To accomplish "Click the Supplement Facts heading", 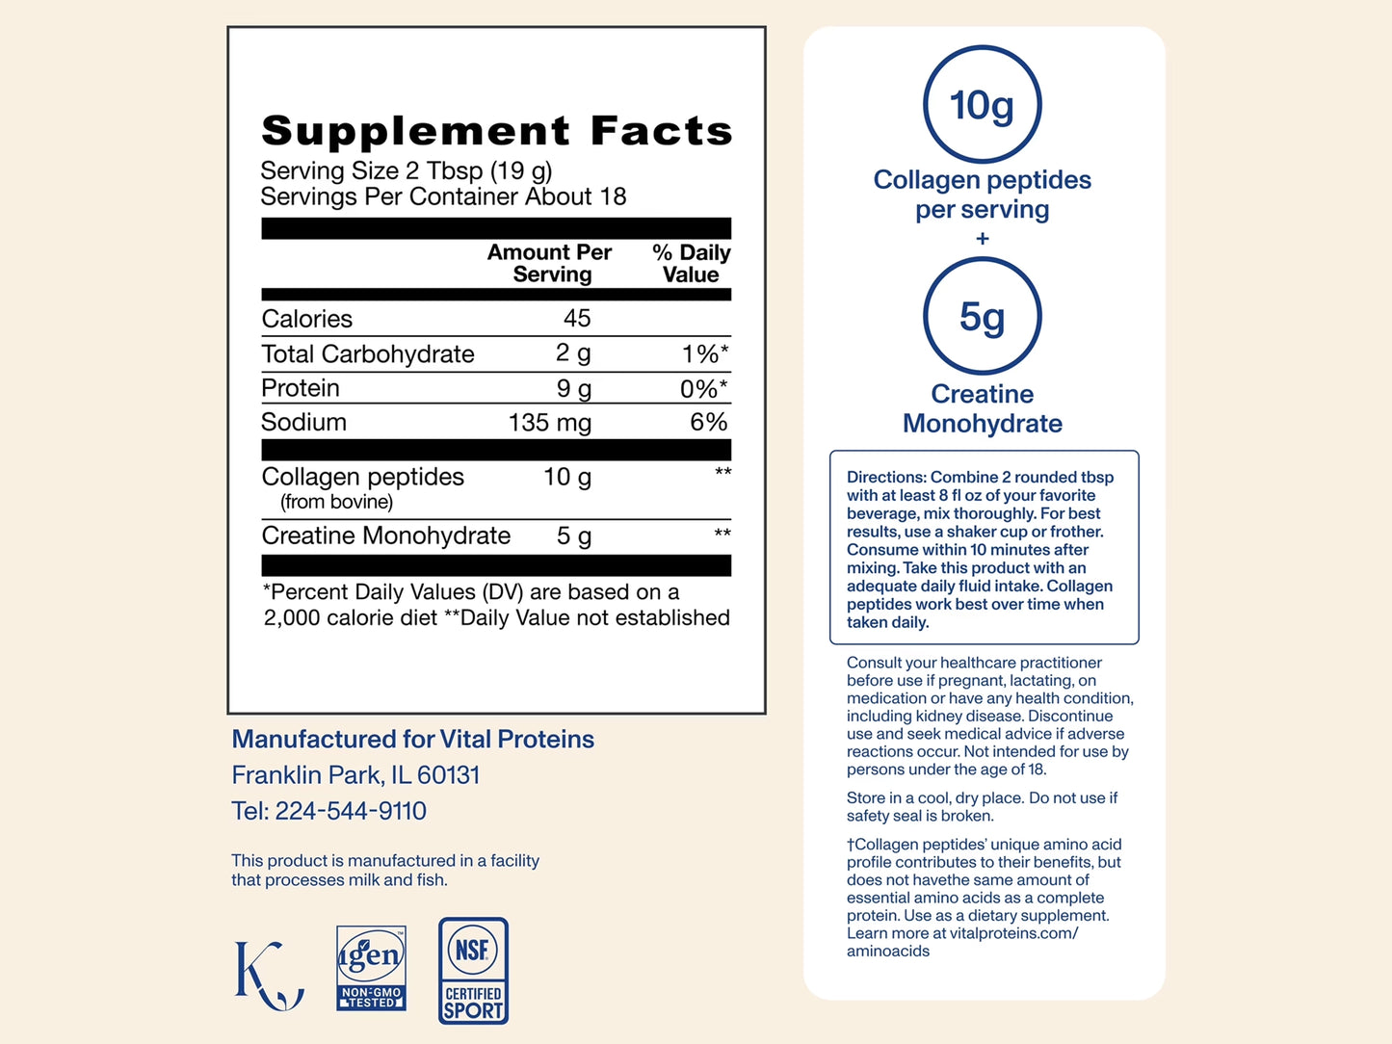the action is click(496, 131).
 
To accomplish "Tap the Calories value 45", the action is click(577, 318).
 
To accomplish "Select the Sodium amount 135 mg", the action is click(550, 423).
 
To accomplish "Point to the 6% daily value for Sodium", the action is click(708, 422).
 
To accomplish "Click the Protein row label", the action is click(300, 388).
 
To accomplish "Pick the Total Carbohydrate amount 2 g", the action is click(573, 353).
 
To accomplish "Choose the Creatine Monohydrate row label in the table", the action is click(385, 536).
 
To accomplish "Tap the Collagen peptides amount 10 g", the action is click(567, 478).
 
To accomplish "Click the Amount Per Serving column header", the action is click(549, 263).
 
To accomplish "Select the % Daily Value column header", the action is click(692, 263).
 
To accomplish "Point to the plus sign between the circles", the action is click(983, 238).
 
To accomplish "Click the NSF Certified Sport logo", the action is click(473, 971).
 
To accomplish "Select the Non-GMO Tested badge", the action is click(372, 968).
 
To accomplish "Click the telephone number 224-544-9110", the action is click(351, 811).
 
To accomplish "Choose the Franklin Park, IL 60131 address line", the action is click(355, 775).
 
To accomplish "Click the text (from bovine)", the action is click(337, 502).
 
